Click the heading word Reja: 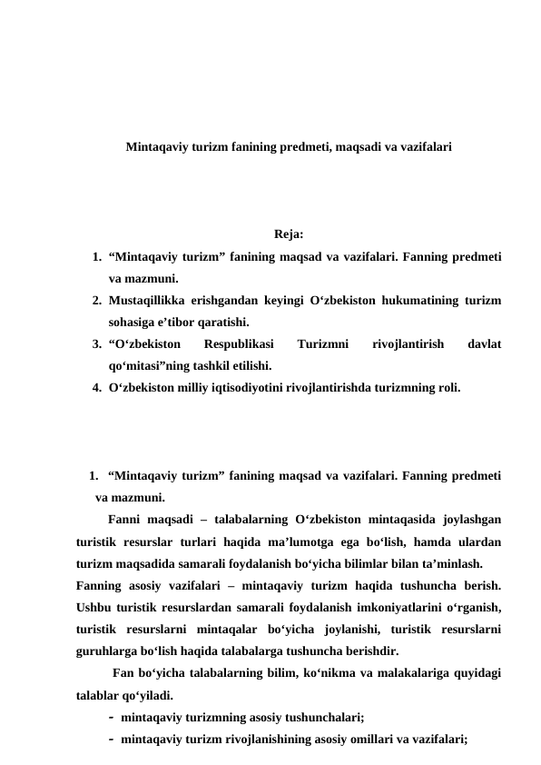[x=288, y=238]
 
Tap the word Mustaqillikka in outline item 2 [x=144, y=300]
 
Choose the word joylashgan [x=473, y=520]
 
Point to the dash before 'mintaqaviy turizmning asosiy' [x=110, y=717]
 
